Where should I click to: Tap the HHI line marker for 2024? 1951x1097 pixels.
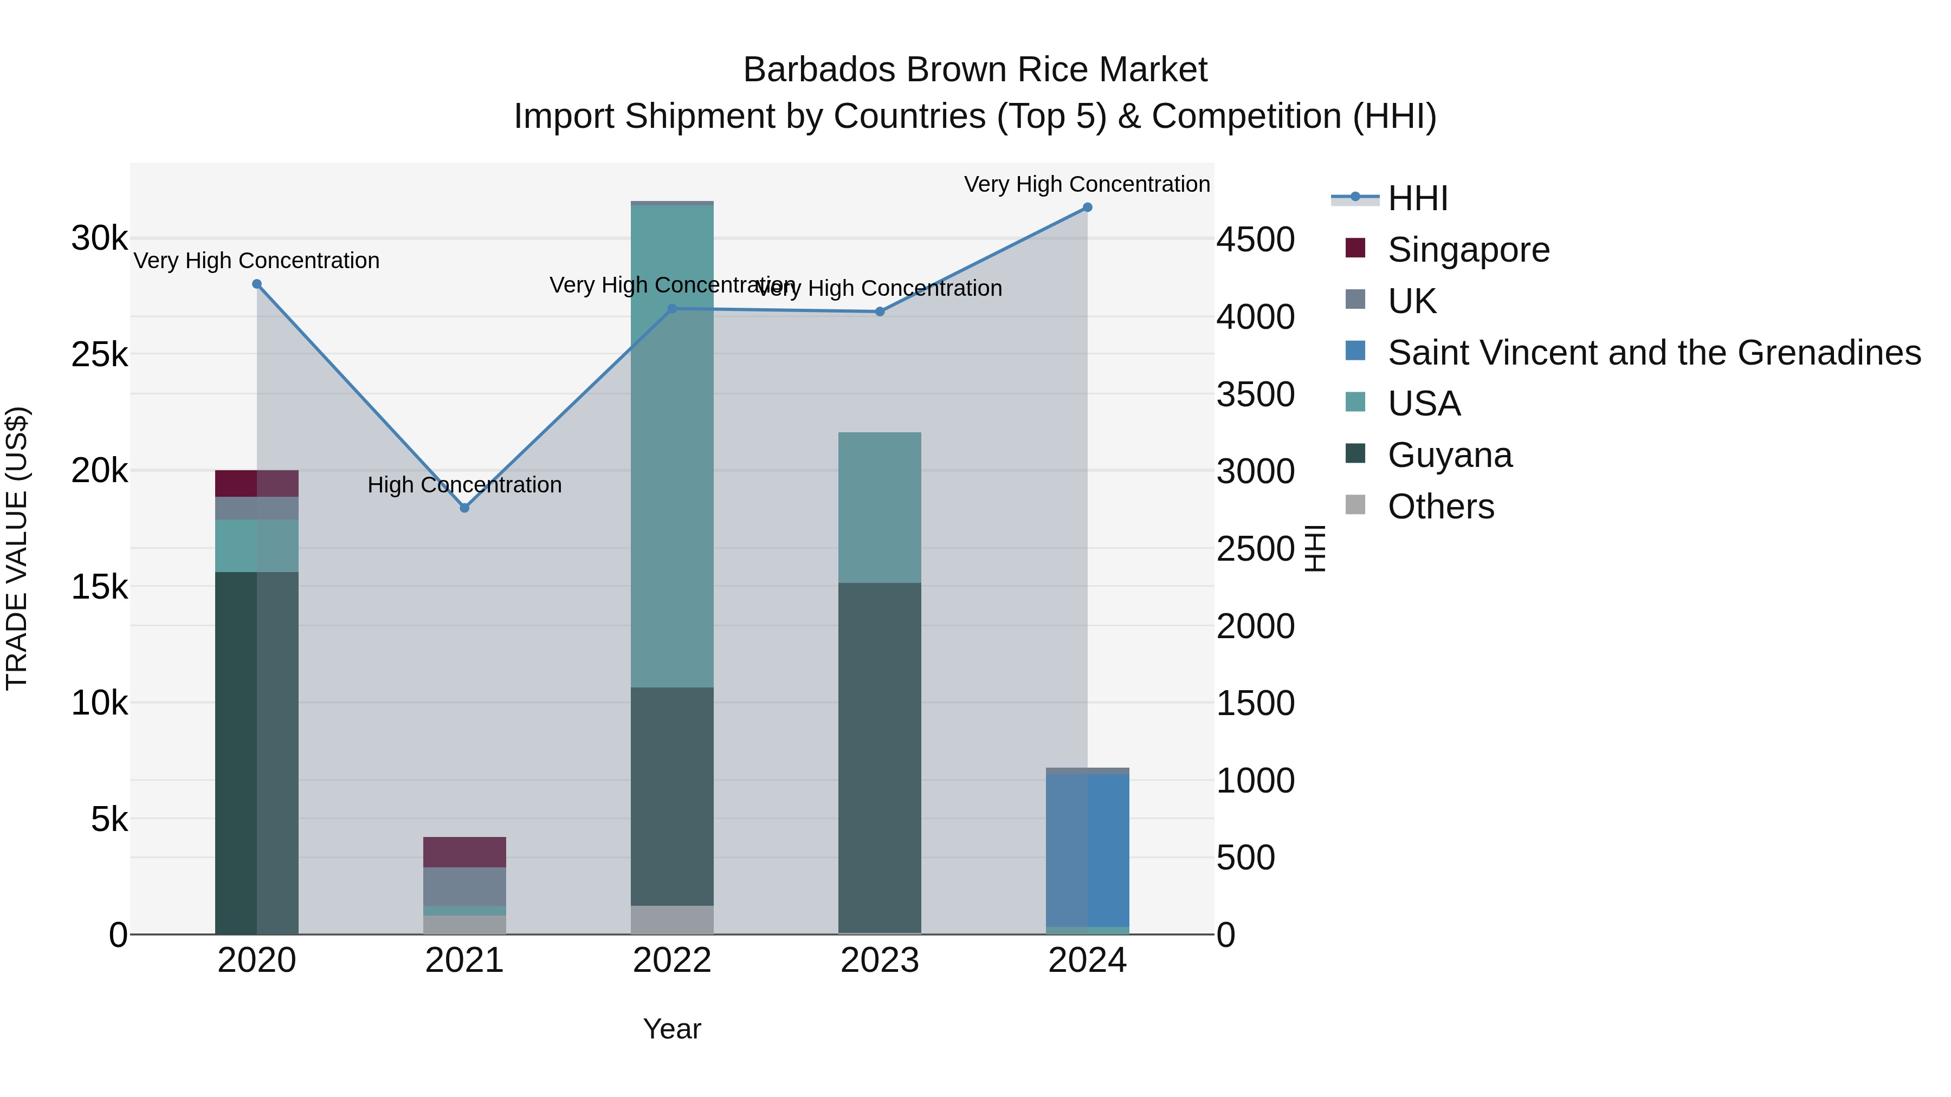[1087, 207]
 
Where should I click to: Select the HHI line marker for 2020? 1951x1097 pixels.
[257, 284]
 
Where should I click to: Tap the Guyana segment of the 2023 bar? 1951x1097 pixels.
[880, 757]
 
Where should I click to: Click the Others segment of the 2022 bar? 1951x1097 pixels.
[672, 919]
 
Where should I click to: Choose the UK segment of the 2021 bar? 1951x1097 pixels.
[464, 886]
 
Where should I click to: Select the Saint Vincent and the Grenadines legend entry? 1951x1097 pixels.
[1653, 353]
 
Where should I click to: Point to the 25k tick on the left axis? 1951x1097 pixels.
[99, 354]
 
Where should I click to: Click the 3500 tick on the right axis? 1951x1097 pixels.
[1255, 394]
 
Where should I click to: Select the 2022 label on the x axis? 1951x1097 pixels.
[672, 960]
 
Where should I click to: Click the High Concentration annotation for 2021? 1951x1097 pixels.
[464, 484]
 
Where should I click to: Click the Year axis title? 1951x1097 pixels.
[672, 1029]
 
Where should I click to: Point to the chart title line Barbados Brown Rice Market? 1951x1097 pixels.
[975, 70]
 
